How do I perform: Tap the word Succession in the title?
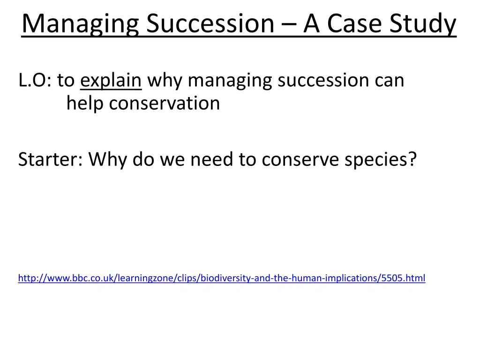coord(210,23)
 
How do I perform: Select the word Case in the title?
coord(354,23)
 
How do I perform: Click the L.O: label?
coord(35,80)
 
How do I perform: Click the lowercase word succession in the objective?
coord(323,81)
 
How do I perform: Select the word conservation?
coord(165,104)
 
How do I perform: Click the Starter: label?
coord(51,159)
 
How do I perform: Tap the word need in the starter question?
coord(211,159)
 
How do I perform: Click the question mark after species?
coord(412,159)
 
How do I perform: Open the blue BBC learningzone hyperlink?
coord(222,278)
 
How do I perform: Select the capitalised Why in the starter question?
coord(107,160)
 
